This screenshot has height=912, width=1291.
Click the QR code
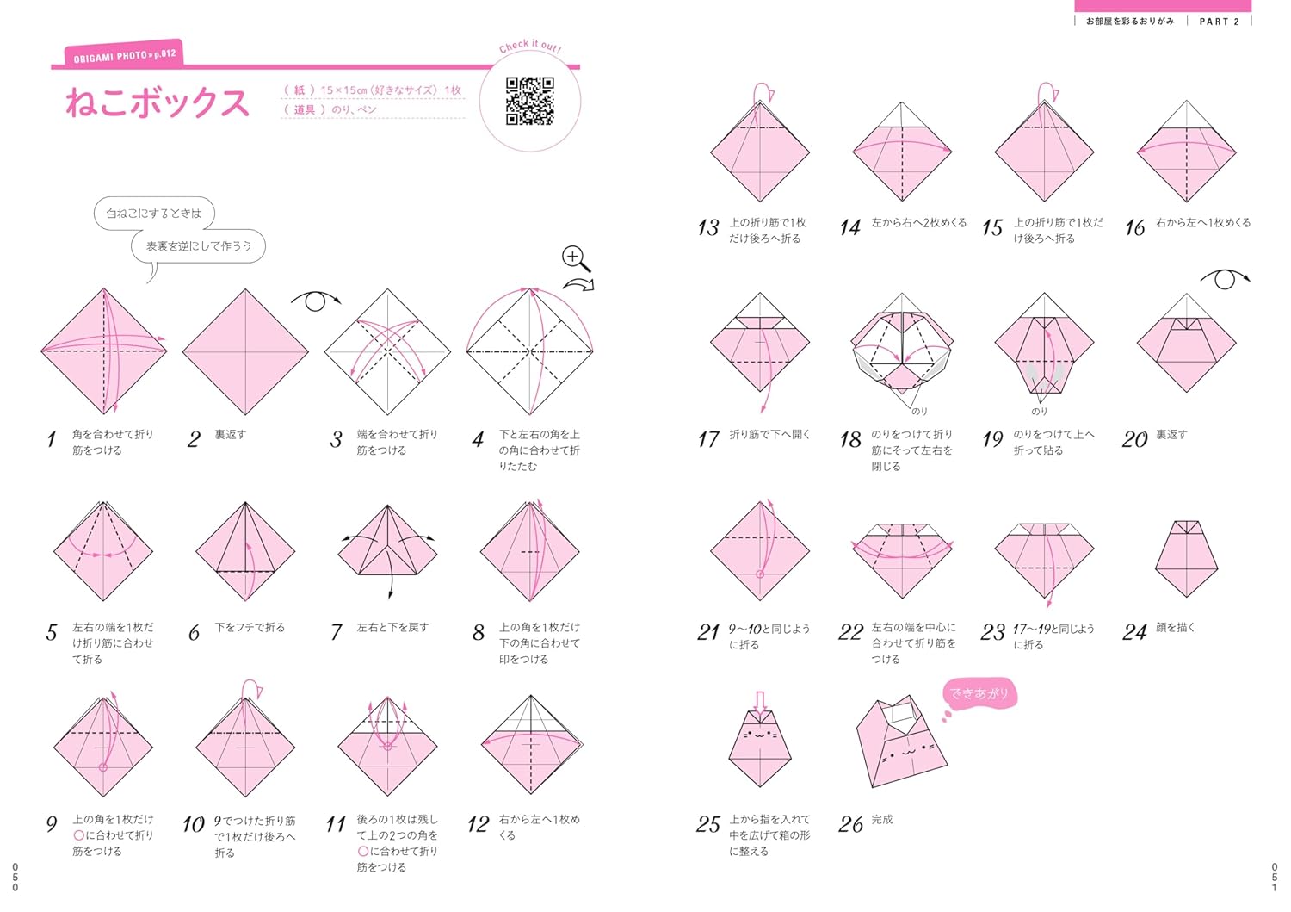(x=529, y=101)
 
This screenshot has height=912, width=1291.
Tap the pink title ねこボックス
(x=158, y=102)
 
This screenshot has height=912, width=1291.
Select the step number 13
(x=707, y=228)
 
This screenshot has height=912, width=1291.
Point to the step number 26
(x=850, y=824)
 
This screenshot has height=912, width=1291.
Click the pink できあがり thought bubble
(x=979, y=694)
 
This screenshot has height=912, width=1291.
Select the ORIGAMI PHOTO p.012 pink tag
(x=124, y=54)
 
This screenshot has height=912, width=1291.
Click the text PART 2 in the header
(x=1219, y=22)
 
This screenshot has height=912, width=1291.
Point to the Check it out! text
(x=530, y=46)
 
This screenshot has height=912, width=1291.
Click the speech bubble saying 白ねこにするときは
(x=154, y=214)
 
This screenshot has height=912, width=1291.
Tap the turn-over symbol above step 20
(x=1225, y=280)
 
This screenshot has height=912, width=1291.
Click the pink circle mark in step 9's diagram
(x=103, y=767)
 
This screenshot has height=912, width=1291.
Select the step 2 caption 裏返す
(x=231, y=434)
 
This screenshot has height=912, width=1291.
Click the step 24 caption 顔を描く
(x=1176, y=627)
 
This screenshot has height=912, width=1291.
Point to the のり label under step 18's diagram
(x=919, y=412)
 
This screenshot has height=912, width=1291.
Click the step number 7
(x=336, y=632)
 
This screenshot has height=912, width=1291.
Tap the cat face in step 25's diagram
(x=760, y=735)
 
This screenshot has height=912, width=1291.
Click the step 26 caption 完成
(x=882, y=819)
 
